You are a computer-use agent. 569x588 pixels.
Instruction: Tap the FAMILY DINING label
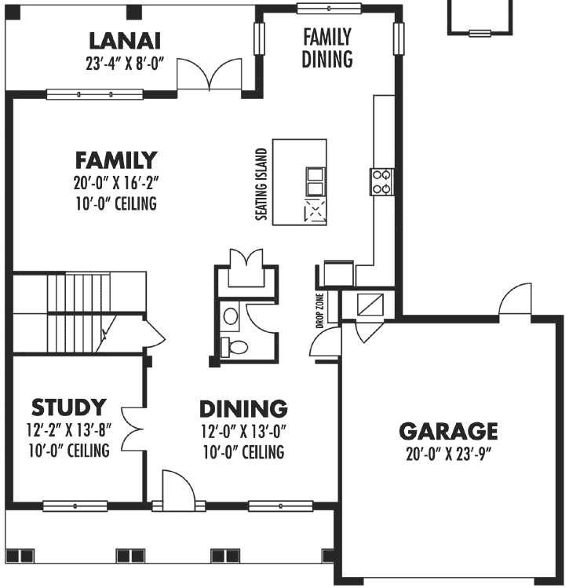click(x=326, y=48)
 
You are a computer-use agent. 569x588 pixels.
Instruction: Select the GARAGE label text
click(x=448, y=431)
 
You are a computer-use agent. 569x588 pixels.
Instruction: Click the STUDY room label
click(x=68, y=408)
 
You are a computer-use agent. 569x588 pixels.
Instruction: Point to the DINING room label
click(x=243, y=409)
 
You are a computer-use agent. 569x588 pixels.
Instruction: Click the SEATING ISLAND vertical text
click(x=262, y=183)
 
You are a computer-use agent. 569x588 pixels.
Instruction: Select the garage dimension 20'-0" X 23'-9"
click(x=448, y=453)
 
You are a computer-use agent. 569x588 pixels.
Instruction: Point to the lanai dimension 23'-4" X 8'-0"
click(x=126, y=63)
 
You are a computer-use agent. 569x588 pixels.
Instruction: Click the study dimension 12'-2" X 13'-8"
click(x=67, y=430)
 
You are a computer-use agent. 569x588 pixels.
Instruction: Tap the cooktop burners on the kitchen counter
click(x=382, y=182)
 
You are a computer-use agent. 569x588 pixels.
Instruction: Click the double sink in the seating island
click(x=315, y=181)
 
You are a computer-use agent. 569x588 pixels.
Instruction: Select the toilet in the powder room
click(x=234, y=345)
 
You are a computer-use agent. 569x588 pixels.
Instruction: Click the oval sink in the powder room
click(x=231, y=316)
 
